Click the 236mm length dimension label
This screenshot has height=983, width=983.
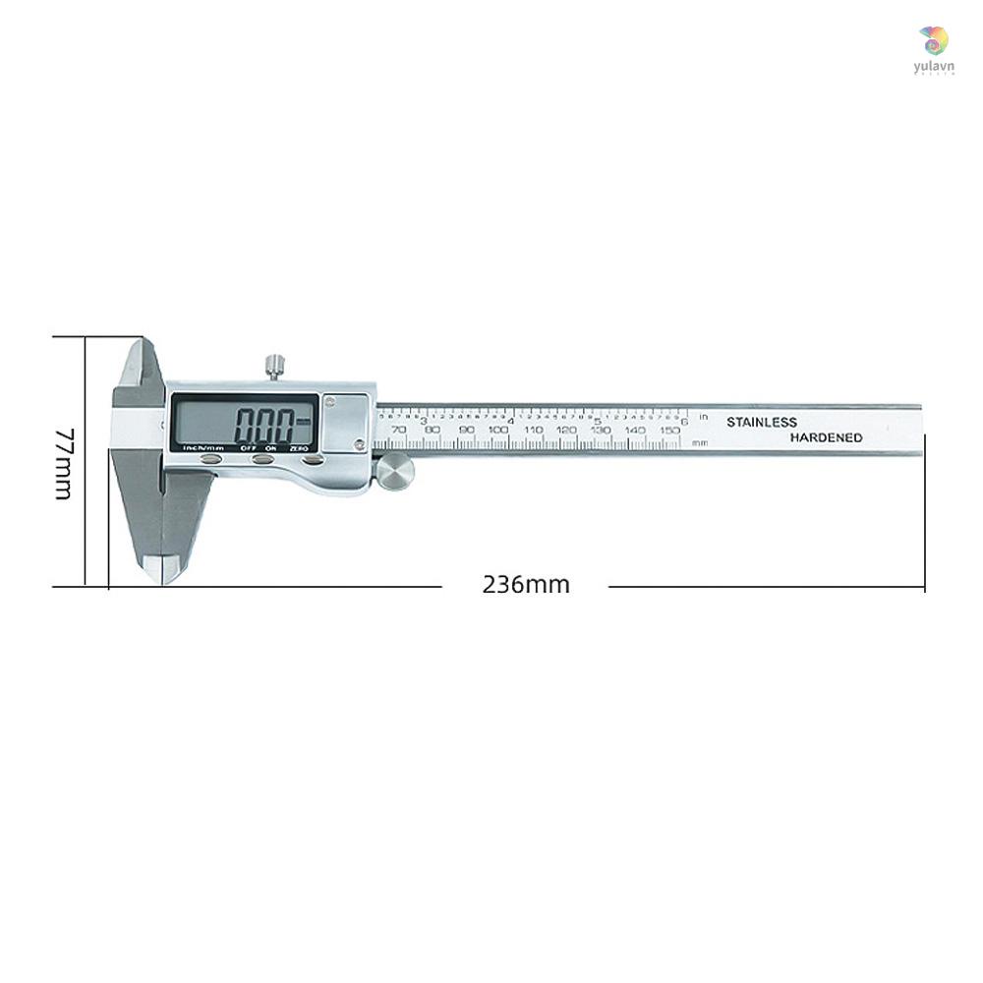[x=526, y=584]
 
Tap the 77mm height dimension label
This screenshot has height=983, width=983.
[x=63, y=463]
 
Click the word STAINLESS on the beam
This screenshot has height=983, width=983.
[x=762, y=422]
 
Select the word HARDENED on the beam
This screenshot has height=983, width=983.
[x=827, y=437]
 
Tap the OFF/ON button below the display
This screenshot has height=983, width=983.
[x=262, y=458]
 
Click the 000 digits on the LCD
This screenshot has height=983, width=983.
[x=265, y=427]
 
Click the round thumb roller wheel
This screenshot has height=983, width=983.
[x=395, y=472]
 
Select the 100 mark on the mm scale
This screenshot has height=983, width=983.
[x=498, y=430]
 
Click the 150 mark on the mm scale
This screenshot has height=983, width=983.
[x=669, y=430]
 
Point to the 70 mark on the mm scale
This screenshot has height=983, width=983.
[x=397, y=430]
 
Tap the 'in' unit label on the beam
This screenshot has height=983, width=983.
[x=703, y=417]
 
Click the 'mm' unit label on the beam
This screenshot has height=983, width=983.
[x=700, y=442]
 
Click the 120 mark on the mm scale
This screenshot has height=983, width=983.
[x=566, y=430]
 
